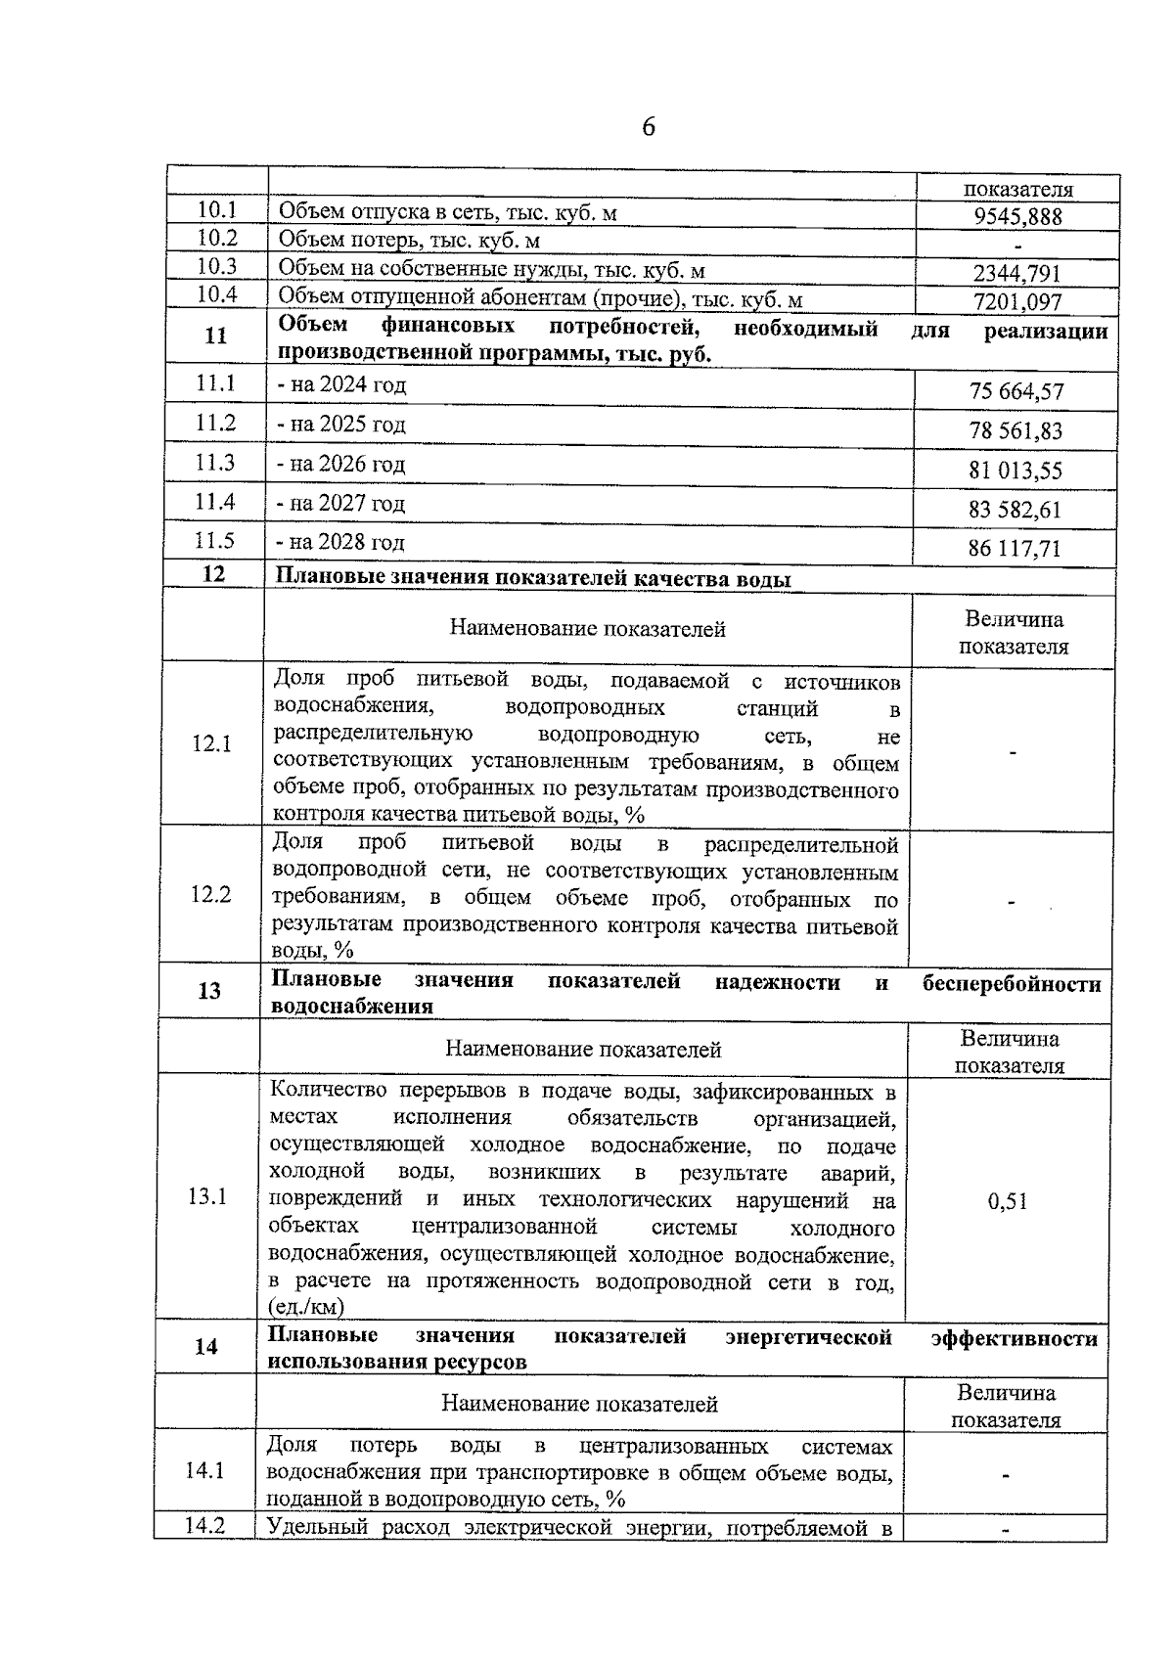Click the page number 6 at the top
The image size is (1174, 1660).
coord(648,128)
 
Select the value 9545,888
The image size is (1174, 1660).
coord(1017,217)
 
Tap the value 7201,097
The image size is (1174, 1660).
coord(1017,302)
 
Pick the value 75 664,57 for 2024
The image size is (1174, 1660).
coord(1016,392)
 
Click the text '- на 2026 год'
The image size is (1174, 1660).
coord(340,464)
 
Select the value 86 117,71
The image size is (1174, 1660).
coord(1015,549)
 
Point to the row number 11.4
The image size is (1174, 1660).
coord(215,502)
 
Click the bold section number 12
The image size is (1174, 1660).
coord(213,574)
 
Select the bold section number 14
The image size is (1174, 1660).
coord(205,1347)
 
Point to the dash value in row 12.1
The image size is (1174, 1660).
coord(1013,752)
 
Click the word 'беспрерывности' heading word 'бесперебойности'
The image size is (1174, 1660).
coord(1012,984)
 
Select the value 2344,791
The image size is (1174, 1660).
coord(1016,274)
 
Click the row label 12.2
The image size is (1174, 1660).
coord(211,894)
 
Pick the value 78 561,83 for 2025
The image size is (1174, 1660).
coord(1016,431)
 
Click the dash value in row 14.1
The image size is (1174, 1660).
coord(1005,1474)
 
